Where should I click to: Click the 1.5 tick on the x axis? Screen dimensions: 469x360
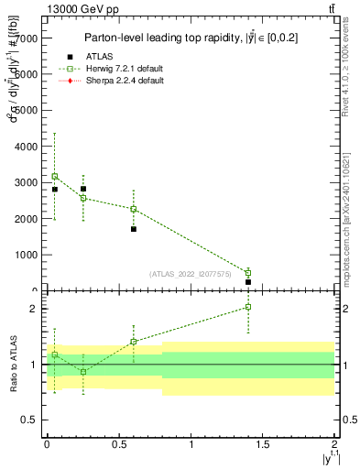click(x=263, y=444)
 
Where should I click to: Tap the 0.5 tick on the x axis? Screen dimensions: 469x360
click(x=118, y=444)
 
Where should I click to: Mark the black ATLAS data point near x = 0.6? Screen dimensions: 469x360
click(x=134, y=229)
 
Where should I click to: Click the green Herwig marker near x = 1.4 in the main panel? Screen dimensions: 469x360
click(x=248, y=273)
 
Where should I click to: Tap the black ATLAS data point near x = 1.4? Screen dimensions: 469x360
click(x=248, y=282)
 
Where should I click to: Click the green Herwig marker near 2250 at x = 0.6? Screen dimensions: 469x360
click(x=134, y=209)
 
